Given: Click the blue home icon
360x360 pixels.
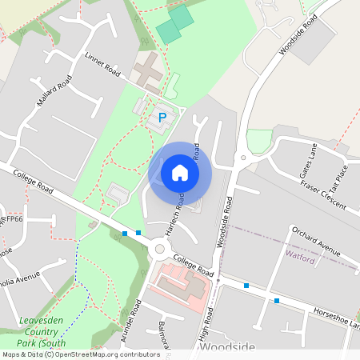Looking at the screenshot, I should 180,173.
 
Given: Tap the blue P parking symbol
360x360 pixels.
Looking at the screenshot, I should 162,118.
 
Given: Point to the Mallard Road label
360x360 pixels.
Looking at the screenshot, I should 54,91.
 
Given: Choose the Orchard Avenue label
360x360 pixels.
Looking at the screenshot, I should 317,236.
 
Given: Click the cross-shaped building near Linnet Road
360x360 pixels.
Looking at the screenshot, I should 147,73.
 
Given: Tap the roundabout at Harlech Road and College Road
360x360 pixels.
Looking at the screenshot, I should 159,250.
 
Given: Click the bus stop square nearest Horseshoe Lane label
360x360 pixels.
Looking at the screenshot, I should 277,301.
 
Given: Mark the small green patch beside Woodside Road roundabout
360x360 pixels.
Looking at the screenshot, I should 258,141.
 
